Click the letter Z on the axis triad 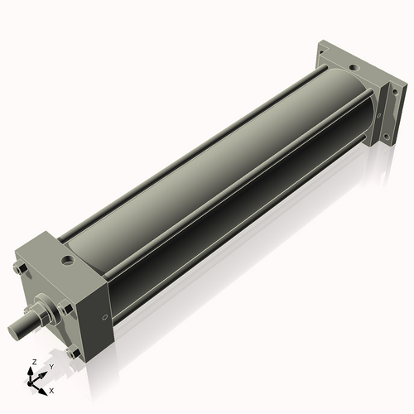point(35,362)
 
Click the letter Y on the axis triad point(51,367)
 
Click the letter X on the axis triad point(51,391)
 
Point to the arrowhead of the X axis point(42,392)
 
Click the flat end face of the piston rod point(13,330)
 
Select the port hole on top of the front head point(66,260)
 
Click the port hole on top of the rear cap point(353,67)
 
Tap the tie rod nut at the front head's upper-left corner point(20,268)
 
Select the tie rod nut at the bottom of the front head point(73,353)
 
